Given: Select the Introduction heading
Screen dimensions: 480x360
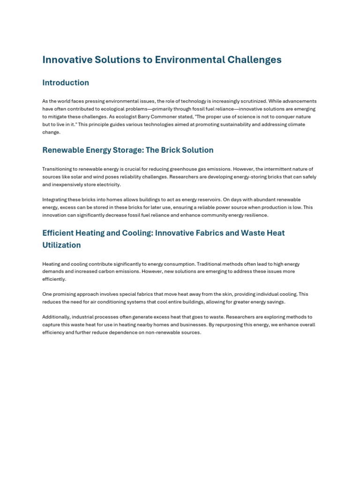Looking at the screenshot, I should coord(66,82).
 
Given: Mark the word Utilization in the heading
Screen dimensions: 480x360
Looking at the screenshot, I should coord(61,245).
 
